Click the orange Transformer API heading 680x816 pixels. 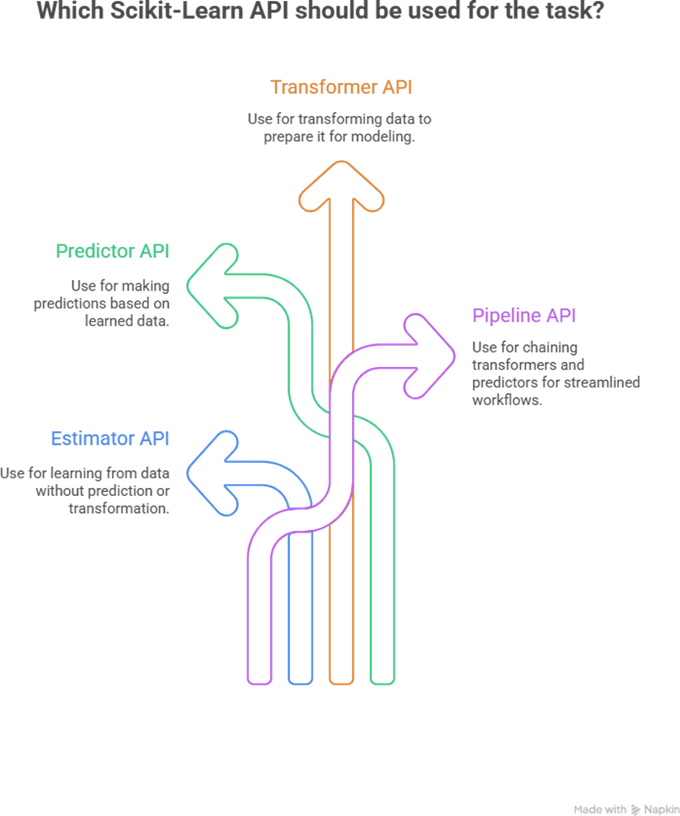(x=341, y=87)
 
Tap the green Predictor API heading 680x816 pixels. (x=112, y=251)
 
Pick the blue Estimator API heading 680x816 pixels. (x=110, y=439)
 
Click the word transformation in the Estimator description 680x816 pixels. (x=118, y=508)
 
